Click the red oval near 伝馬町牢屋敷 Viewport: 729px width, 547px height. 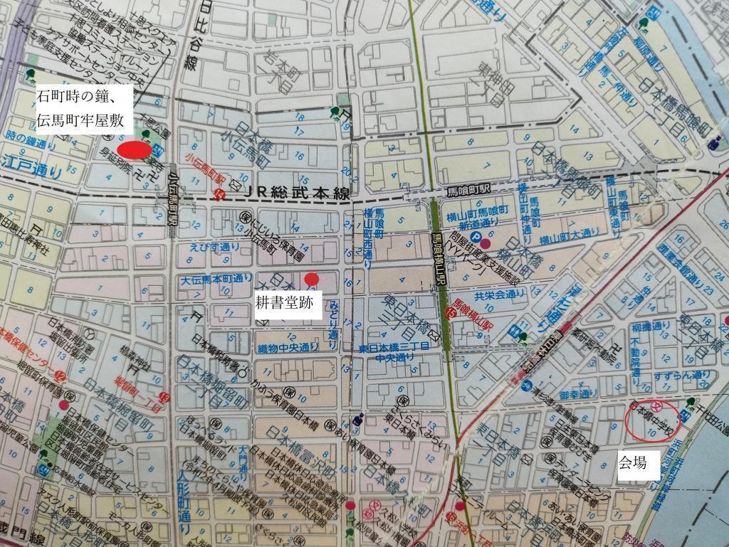click(134, 150)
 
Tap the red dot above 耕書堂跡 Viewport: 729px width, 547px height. click(310, 278)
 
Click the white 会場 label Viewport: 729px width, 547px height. click(632, 463)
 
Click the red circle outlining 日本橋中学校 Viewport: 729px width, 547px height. click(652, 420)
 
